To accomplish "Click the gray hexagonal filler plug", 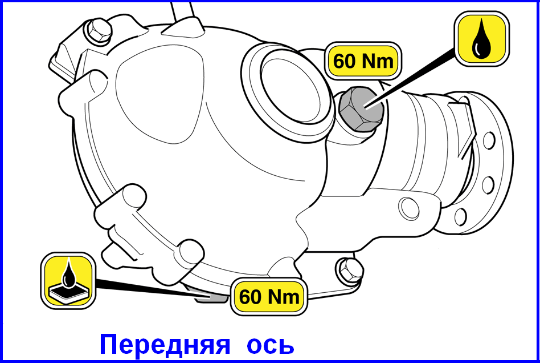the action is pyautogui.click(x=361, y=109).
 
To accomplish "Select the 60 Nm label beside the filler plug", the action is pyautogui.click(x=363, y=61).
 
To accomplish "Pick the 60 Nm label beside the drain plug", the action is pyautogui.click(x=269, y=296).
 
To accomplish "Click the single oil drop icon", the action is pyautogui.click(x=482, y=39).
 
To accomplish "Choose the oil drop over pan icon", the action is pyautogui.click(x=68, y=281).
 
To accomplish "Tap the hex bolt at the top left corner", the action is pyautogui.click(x=99, y=31).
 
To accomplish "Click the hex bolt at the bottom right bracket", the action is pyautogui.click(x=350, y=269).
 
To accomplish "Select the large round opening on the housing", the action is pyautogui.click(x=289, y=91).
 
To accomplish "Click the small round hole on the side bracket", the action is pyautogui.click(x=409, y=208).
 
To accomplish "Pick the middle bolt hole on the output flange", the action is pyautogui.click(x=488, y=185).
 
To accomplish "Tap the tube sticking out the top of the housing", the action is pyautogui.click(x=184, y=13).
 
